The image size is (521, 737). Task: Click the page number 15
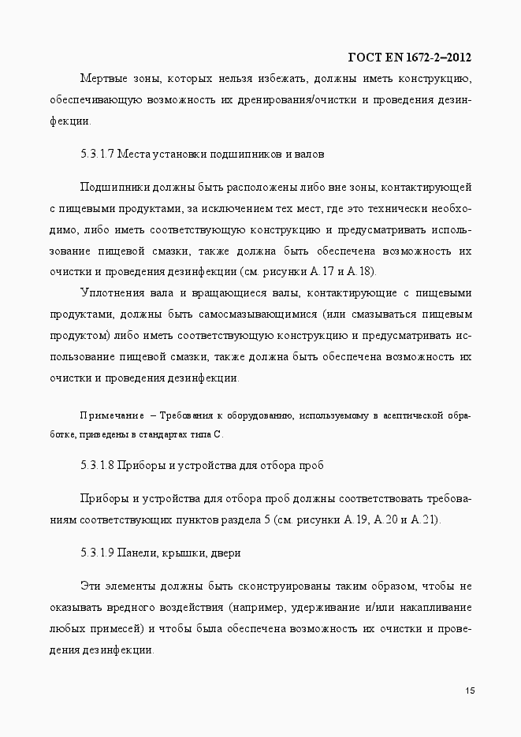[469, 691]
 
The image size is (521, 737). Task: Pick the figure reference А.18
[365, 272]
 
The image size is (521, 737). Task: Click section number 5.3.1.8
[97, 465]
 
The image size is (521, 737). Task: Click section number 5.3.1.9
[97, 553]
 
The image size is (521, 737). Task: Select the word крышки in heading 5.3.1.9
[184, 553]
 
